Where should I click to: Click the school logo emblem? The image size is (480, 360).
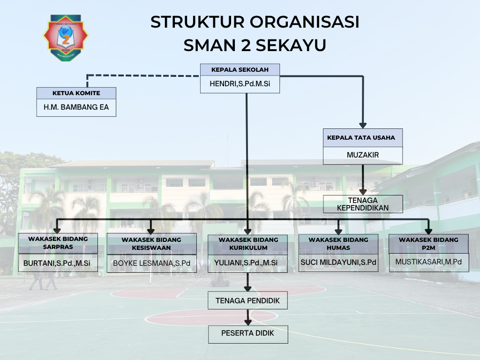coord(66,37)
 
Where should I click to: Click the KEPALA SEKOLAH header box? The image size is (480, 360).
coord(240,69)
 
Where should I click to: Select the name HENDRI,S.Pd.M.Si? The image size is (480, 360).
coord(240,83)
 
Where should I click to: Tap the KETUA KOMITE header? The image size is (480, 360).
coord(76,93)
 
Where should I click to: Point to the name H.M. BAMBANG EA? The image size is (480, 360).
coord(76,107)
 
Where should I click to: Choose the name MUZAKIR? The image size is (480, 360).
coord(363,155)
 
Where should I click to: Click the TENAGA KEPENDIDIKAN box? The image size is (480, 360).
coord(363,204)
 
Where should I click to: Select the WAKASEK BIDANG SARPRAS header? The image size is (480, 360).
coord(58,243)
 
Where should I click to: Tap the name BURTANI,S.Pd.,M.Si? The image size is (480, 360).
coord(57,263)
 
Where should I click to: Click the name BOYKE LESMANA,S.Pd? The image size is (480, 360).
coord(151,263)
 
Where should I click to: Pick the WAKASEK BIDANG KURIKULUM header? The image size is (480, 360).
coord(248,244)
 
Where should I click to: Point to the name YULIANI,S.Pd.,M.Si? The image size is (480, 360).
coord(246,263)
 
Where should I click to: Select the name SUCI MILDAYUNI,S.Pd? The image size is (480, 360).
coord(338,262)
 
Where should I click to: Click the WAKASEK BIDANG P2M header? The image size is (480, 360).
coord(428,244)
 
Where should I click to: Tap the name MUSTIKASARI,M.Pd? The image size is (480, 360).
coord(428,262)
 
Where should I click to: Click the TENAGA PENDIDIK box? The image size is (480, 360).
coord(247,300)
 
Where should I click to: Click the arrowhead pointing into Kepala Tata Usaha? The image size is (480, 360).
coord(363,126)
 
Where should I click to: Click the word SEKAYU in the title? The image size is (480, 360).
coord(291,45)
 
